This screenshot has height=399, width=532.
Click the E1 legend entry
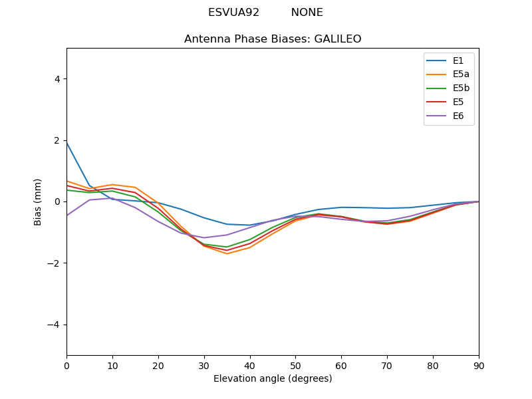tap(449, 61)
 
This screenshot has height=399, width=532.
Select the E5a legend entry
tap(449, 74)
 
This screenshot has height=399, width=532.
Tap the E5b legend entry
tap(449, 88)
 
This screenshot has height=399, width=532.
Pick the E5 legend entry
tap(449, 102)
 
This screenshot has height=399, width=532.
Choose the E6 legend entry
tap(449, 116)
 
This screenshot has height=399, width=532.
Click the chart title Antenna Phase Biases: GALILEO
tap(273, 39)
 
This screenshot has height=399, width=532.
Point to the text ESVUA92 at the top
tap(233, 13)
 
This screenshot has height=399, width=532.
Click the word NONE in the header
tap(307, 13)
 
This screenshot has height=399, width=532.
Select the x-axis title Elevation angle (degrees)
tap(273, 378)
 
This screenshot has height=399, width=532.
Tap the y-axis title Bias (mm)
tap(38, 201)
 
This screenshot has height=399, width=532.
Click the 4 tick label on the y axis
tap(57, 78)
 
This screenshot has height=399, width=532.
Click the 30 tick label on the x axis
tap(204, 365)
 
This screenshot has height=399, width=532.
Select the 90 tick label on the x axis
tap(479, 365)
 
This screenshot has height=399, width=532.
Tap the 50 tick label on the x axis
tap(295, 365)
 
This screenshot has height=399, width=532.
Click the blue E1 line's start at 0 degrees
tap(67, 143)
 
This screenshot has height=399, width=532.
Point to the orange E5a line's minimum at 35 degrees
tap(227, 253)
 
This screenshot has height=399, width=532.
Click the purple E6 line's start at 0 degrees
tap(67, 215)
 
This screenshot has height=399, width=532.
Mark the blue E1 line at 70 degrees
tap(387, 208)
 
